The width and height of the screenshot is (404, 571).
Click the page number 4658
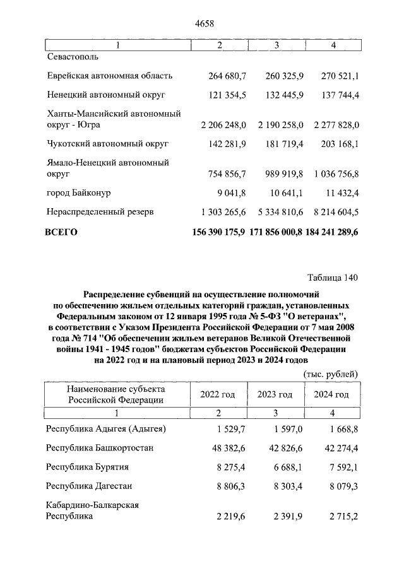206,24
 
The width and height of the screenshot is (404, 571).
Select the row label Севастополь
73,57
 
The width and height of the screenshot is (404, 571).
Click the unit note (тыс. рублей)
331,374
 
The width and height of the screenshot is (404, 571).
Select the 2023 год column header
275,394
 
